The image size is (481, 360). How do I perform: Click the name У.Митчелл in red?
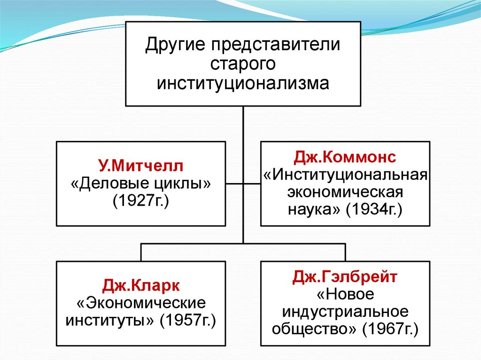coord(141,166)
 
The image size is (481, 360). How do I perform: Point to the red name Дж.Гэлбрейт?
coord(345,277)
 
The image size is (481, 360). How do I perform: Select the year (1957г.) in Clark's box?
coord(188,322)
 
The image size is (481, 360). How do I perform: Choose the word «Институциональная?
coord(345,175)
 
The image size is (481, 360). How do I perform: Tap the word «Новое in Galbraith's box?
coord(345,295)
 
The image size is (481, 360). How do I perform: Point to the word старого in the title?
coord(242,64)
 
